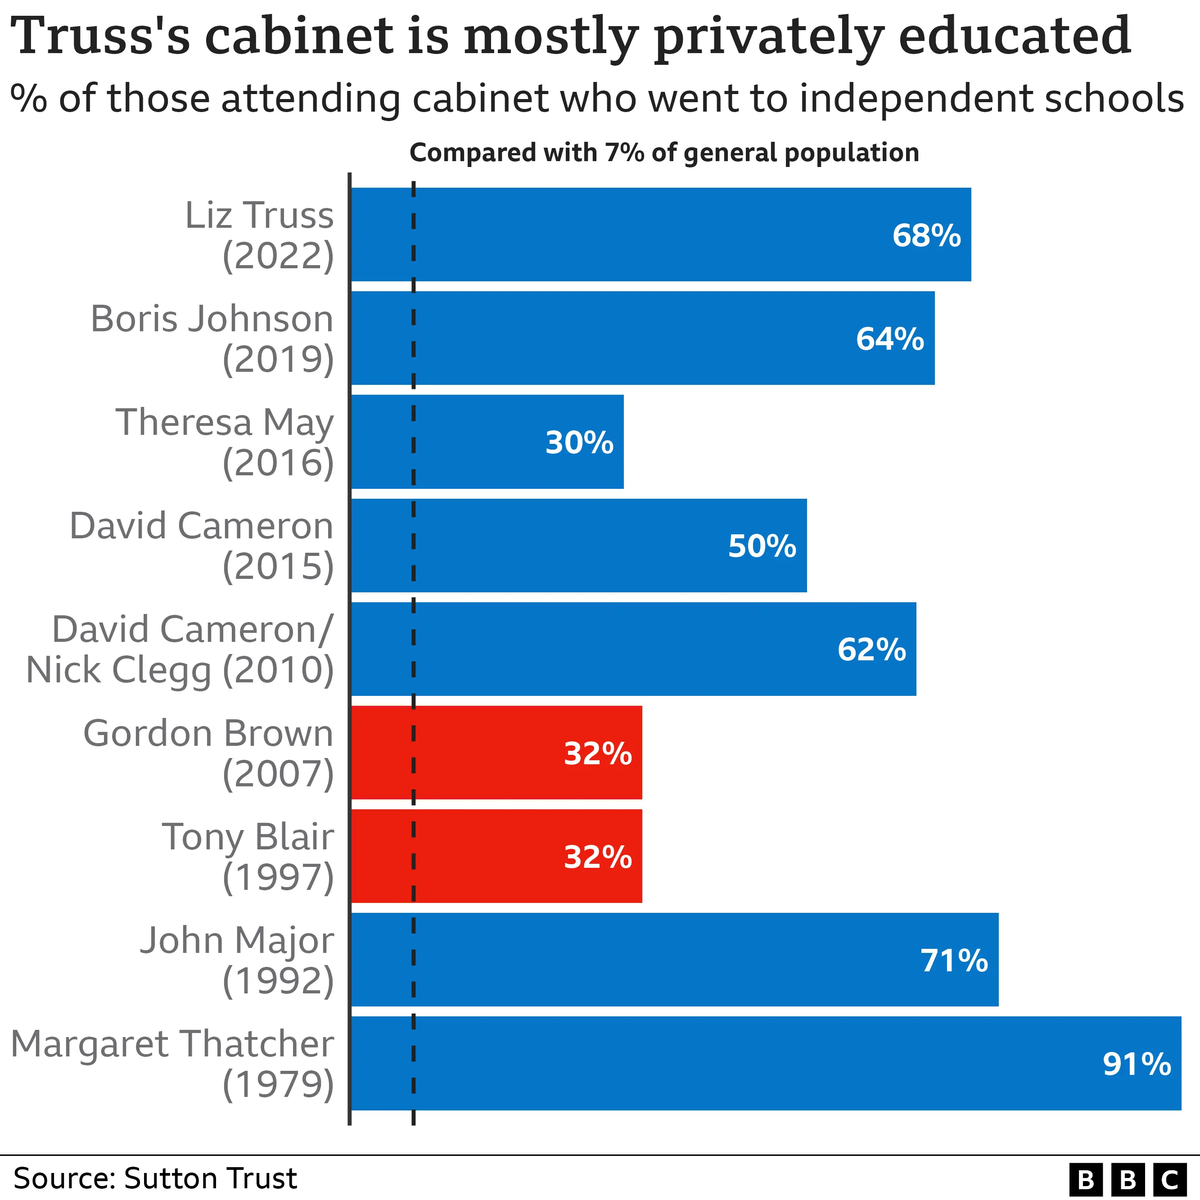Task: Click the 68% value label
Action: [x=926, y=235]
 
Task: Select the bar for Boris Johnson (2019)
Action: [x=642, y=338]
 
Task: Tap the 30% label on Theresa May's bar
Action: [x=579, y=442]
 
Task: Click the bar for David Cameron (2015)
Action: [x=578, y=546]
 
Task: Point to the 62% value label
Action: [x=871, y=649]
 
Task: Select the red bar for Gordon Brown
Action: [x=496, y=752]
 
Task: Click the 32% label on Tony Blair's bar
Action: [x=597, y=857]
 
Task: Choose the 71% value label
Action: [x=954, y=960]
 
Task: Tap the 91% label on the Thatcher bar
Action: [x=1137, y=1064]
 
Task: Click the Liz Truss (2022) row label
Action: [x=260, y=235]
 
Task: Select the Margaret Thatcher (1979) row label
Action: [x=173, y=1064]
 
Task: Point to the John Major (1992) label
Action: [x=237, y=960]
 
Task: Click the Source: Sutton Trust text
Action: [x=155, y=1178]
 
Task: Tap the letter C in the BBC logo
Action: [x=1169, y=1179]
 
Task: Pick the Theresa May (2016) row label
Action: [x=225, y=442]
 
